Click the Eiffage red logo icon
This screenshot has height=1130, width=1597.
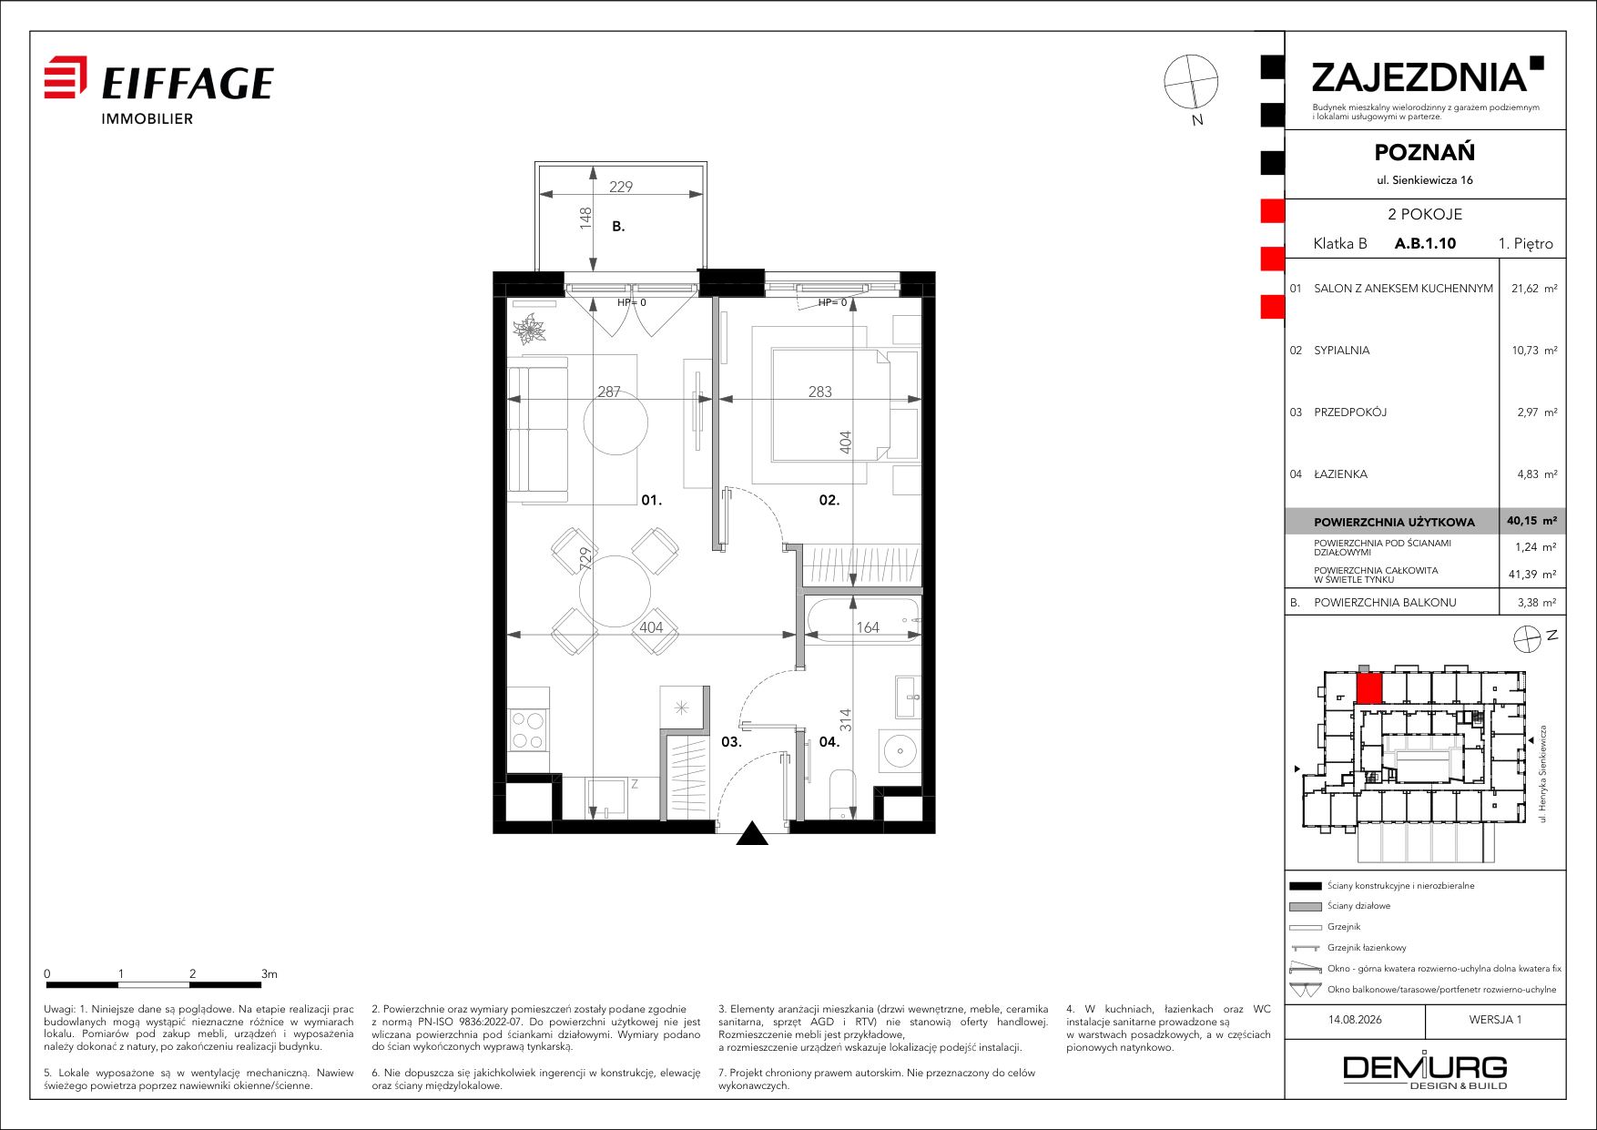coord(66,76)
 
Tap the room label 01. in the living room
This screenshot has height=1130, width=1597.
coord(651,500)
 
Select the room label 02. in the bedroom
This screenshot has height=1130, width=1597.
coord(829,500)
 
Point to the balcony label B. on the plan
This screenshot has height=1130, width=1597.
coord(618,227)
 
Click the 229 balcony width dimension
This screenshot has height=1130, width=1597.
coord(621,187)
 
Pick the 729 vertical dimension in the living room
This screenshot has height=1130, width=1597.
coord(585,558)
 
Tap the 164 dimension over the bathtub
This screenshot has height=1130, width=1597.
coord(868,627)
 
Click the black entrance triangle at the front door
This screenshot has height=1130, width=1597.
coord(752,833)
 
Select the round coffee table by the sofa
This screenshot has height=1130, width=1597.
coord(615,422)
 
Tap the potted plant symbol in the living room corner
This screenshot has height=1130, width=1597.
coord(529,330)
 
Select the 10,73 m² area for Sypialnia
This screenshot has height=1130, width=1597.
coord(1534,351)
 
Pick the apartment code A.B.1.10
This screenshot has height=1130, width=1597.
coord(1425,243)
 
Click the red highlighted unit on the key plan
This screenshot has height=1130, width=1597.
coord(1369,687)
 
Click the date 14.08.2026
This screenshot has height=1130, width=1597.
coord(1355,1020)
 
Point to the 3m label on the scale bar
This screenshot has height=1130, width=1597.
coord(269,973)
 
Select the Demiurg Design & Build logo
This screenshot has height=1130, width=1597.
coord(1425,1071)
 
